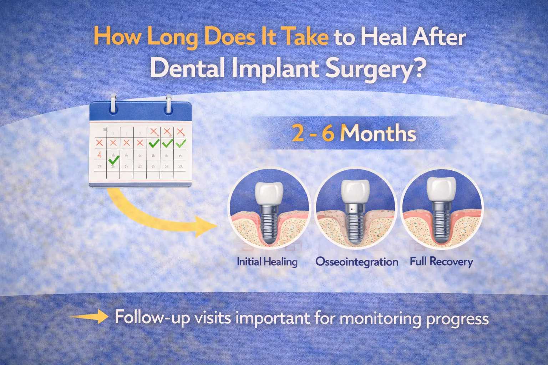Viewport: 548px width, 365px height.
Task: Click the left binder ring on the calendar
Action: coord(113,104)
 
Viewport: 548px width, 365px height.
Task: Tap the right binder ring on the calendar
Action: coord(168,104)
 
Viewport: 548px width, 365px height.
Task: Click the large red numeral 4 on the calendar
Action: coord(100,155)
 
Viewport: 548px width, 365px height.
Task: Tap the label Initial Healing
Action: coord(267,262)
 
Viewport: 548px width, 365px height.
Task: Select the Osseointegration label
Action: coord(357,262)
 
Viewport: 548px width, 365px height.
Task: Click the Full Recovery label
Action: coord(441,262)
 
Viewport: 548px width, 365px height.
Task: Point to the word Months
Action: coord(379,133)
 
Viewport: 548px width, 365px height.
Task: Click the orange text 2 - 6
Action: coord(313,133)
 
